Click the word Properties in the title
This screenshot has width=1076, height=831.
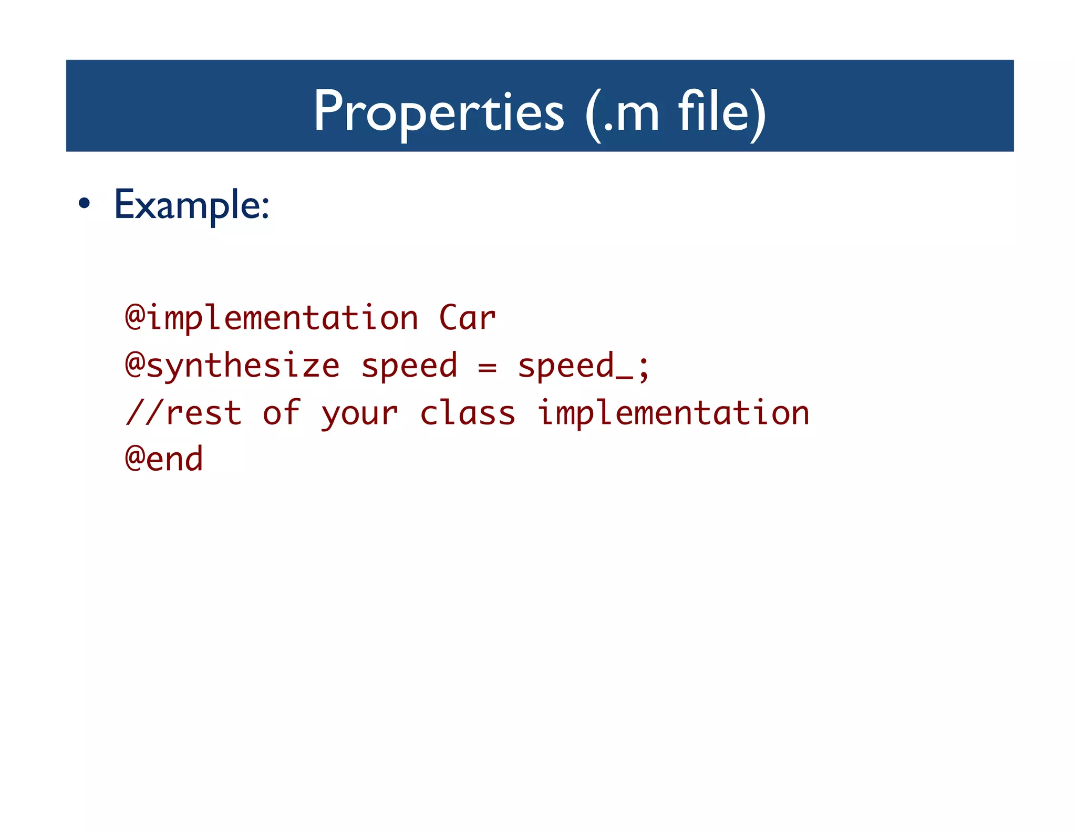pyautogui.click(x=439, y=111)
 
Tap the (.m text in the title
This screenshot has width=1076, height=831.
pyautogui.click(x=623, y=111)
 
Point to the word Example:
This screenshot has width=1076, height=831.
pyautogui.click(x=192, y=204)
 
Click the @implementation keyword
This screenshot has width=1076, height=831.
pyautogui.click(x=272, y=318)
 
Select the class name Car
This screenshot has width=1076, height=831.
pyautogui.click(x=468, y=318)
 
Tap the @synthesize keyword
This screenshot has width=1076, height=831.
pyautogui.click(x=233, y=366)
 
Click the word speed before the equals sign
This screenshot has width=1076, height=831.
pyautogui.click(x=409, y=366)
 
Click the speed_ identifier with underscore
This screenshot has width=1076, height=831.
pyautogui.click(x=575, y=366)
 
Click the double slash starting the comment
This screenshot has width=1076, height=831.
pyautogui.click(x=144, y=413)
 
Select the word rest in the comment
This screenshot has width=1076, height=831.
pyautogui.click(x=203, y=413)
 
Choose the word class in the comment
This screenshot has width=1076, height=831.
pyautogui.click(x=468, y=413)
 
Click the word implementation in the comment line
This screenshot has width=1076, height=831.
pyautogui.click(x=674, y=413)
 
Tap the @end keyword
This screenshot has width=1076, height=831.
pyautogui.click(x=164, y=459)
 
